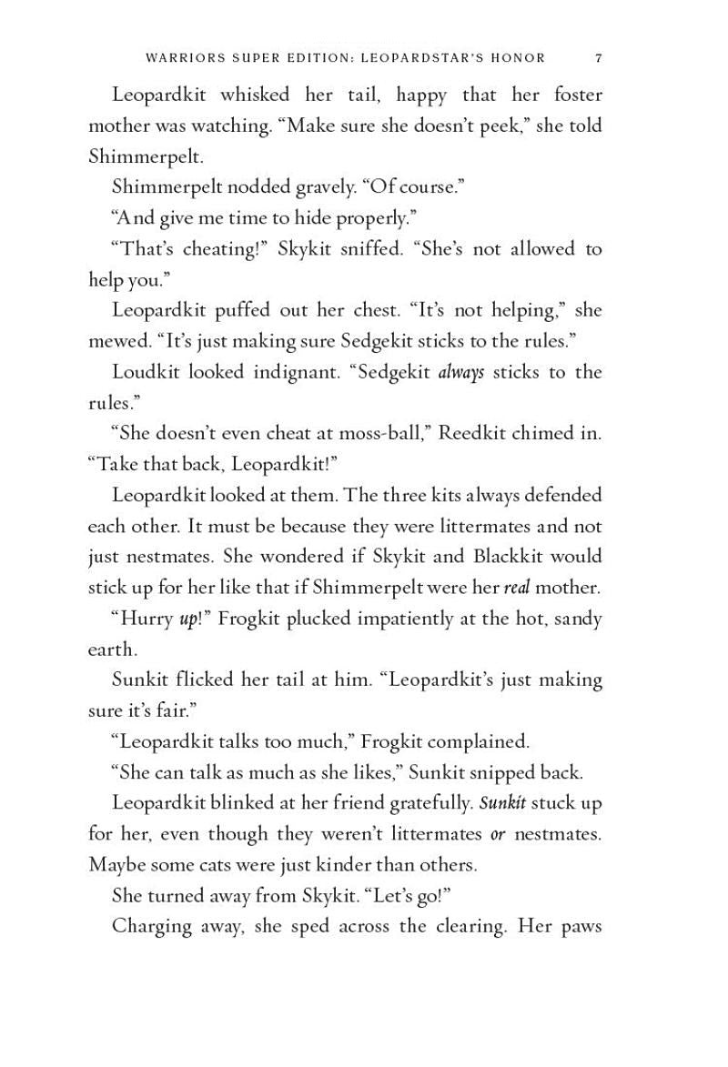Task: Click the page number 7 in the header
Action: click(x=598, y=58)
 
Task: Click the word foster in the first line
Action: click(x=578, y=95)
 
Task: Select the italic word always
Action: click(x=460, y=373)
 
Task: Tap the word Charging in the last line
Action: click(x=152, y=927)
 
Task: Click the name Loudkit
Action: click(x=146, y=372)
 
